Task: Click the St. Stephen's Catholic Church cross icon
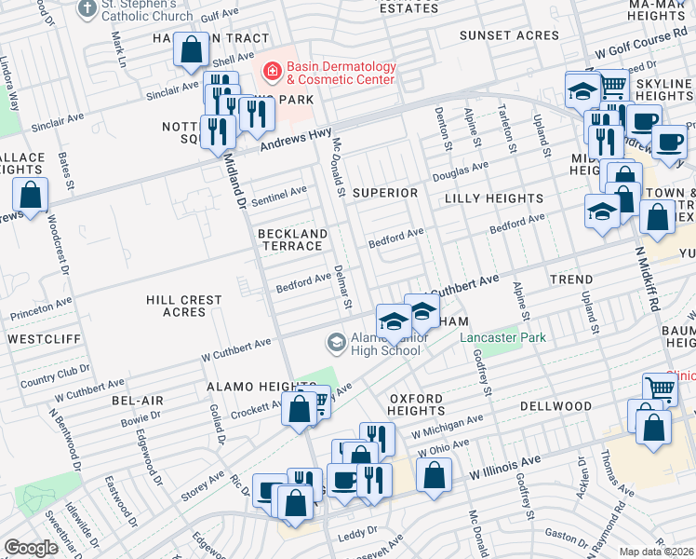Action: pos(87,8)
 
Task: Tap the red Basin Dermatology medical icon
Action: pos(272,70)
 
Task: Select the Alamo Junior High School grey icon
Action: pos(335,343)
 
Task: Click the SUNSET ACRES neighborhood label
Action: pos(510,36)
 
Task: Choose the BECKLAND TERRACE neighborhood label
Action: pos(289,239)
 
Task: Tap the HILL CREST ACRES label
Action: pos(184,306)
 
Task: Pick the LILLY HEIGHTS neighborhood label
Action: pos(493,198)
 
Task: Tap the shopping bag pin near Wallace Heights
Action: pos(31,196)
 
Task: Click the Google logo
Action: pos(32,548)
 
